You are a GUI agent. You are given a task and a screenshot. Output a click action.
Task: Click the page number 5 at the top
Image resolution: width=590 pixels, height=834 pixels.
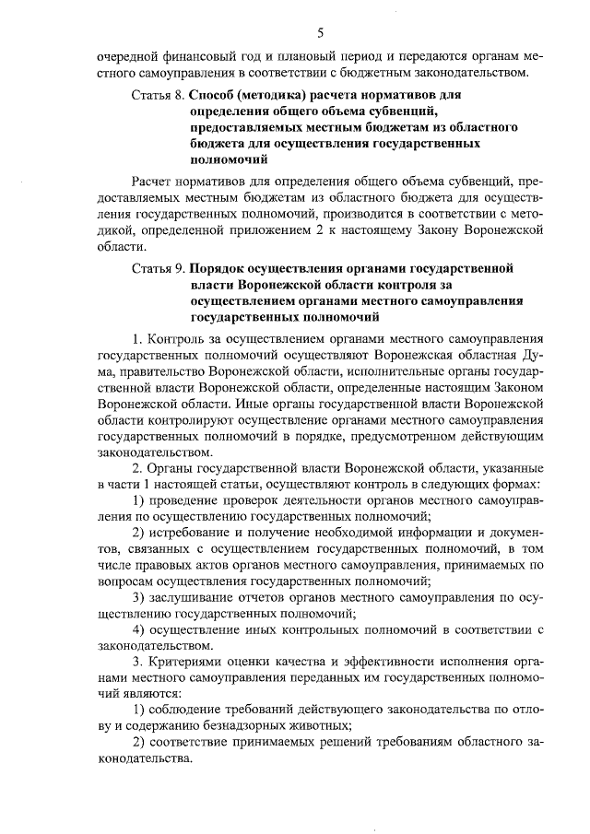[x=320, y=33]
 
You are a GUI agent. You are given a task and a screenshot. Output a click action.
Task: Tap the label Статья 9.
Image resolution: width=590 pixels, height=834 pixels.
[x=159, y=268]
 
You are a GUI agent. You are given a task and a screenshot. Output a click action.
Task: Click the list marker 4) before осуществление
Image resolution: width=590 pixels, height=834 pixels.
[x=139, y=630]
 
